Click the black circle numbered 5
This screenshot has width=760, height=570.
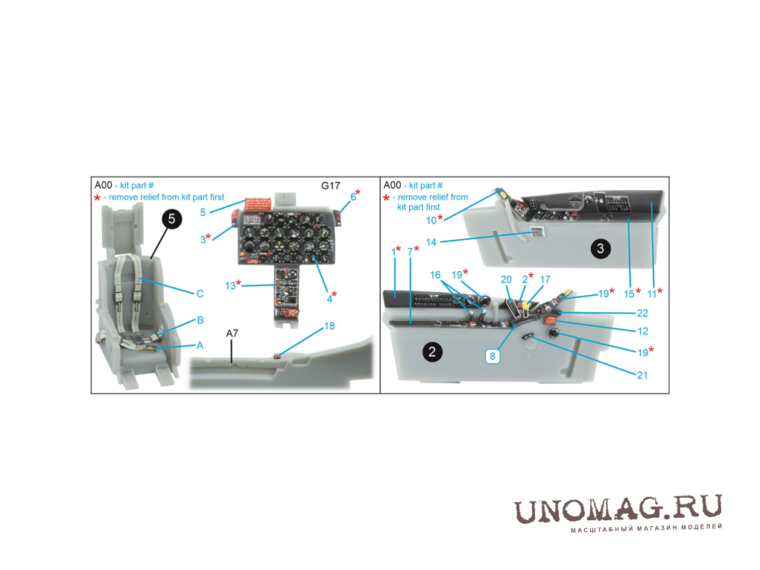point(171,219)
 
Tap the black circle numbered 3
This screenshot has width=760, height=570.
point(601,249)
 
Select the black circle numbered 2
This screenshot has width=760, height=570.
point(432,352)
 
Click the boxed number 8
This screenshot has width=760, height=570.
point(493,357)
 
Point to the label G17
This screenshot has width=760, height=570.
point(331,186)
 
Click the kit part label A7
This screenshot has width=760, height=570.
point(232,334)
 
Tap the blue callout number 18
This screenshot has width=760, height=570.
point(329,326)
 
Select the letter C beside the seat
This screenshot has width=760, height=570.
point(200,294)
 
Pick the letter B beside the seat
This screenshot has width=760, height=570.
point(200,320)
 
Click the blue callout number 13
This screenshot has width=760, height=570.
point(230,286)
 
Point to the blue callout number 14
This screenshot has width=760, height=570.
point(431,242)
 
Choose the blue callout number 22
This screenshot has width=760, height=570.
point(643,313)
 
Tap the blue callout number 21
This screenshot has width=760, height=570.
point(642,375)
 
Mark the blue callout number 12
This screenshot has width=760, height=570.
point(643,331)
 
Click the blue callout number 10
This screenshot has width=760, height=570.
point(431,221)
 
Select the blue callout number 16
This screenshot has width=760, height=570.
point(435,275)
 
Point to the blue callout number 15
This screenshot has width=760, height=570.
point(629,294)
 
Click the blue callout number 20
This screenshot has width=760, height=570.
point(506,279)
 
